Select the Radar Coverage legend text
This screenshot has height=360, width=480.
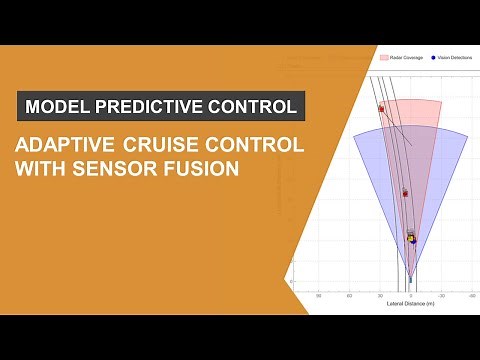pyautogui.click(x=407, y=58)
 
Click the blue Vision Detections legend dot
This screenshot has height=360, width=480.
pyautogui.click(x=433, y=58)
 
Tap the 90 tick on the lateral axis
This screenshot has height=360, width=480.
pyautogui.click(x=319, y=295)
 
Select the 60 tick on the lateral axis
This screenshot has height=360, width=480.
pyautogui.click(x=349, y=295)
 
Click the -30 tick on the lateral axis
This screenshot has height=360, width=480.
pyautogui.click(x=440, y=295)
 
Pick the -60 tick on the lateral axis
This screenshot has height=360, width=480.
pyautogui.click(x=470, y=295)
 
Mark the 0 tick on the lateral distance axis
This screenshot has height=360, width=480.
pyautogui.click(x=410, y=295)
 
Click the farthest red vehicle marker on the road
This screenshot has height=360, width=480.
pyautogui.click(x=381, y=108)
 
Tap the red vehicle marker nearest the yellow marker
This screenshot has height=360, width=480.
pyautogui.click(x=405, y=192)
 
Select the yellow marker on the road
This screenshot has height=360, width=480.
pyautogui.click(x=411, y=238)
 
